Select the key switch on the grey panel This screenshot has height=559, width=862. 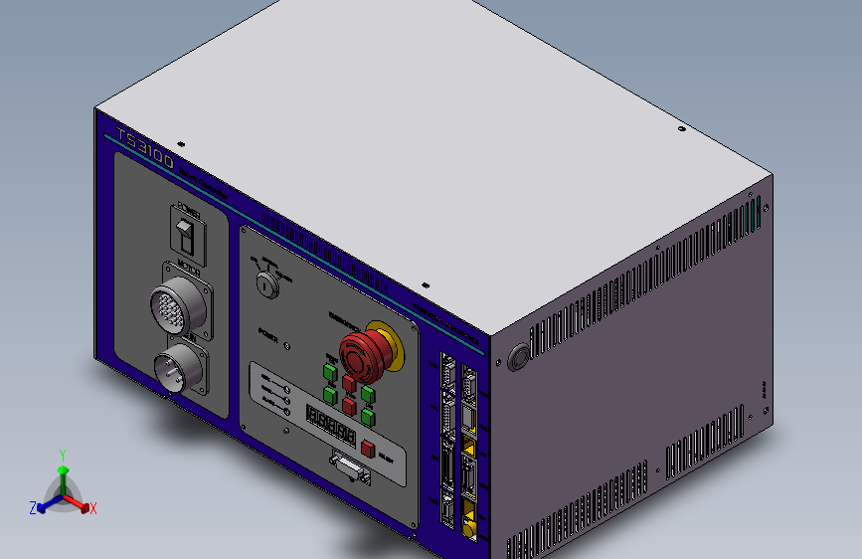(264, 283)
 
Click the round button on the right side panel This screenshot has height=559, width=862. (518, 357)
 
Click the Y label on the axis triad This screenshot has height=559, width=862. (62, 453)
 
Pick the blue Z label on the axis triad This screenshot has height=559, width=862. (32, 507)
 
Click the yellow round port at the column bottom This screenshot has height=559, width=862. (468, 528)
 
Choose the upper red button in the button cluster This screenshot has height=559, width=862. (349, 384)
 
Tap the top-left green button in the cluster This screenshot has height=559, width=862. (329, 372)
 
